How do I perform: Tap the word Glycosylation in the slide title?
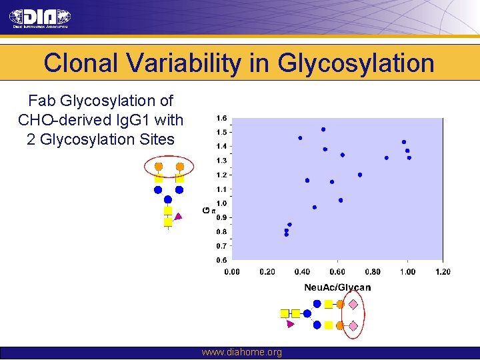pos(356,63)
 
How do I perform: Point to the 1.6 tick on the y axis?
pos(221,118)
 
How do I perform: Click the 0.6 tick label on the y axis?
pos(221,260)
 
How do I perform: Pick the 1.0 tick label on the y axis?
pos(221,203)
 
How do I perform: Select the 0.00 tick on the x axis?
pos(232,271)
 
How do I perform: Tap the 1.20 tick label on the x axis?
pos(443,271)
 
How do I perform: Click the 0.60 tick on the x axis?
pos(337,271)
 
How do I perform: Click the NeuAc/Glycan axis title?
pos(337,287)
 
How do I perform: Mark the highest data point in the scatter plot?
pos(323,129)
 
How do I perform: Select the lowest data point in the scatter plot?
pos(287,235)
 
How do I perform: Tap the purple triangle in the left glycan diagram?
pos(178,216)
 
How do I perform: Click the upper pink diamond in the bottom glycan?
pos(354,304)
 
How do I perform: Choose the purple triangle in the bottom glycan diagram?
pos(290,324)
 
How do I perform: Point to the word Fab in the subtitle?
pos(42,101)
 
